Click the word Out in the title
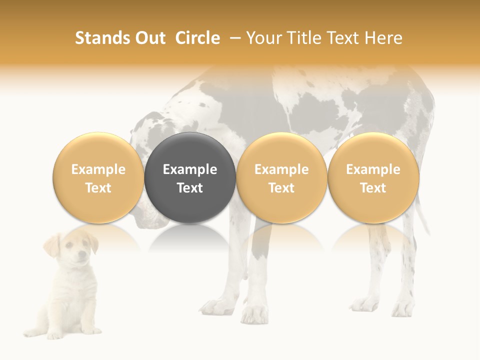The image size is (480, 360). tap(148, 38)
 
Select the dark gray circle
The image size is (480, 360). tap(190, 178)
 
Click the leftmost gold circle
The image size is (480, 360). tap(98, 178)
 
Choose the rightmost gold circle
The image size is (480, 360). tap(373, 178)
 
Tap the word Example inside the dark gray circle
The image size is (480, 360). tap(190, 169)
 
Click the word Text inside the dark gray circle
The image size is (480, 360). tap(190, 188)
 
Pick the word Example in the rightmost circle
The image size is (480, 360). tap(373, 169)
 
